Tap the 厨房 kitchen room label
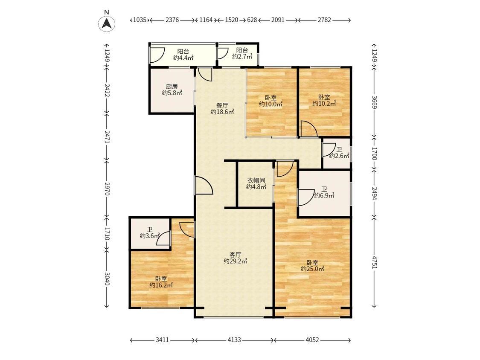(172, 87)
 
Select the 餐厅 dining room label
(222, 105)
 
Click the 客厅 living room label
(236, 255)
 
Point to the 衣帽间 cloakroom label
(256, 180)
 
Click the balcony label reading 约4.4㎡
(183, 58)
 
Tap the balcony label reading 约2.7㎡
(242, 56)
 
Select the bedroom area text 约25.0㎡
(312, 269)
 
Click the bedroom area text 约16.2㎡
(161, 285)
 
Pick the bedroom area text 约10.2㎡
(324, 103)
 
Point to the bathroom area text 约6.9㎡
(324, 195)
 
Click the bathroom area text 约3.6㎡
(150, 236)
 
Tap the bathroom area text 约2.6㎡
(339, 156)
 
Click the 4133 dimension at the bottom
(234, 340)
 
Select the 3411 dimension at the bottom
(162, 340)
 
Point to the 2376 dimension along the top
(172, 20)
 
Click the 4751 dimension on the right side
(374, 262)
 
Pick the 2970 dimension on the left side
(107, 189)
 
